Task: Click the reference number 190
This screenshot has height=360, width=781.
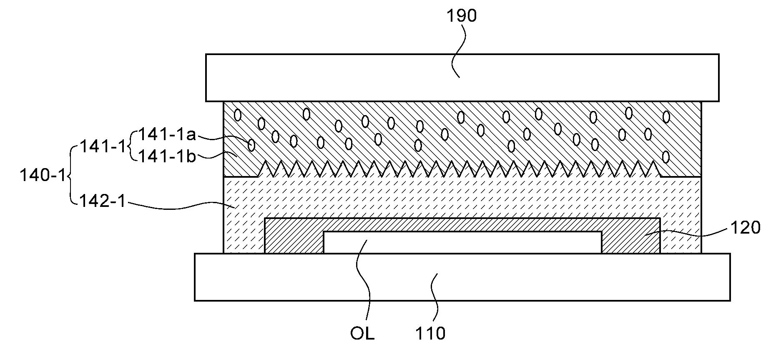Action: [x=461, y=16]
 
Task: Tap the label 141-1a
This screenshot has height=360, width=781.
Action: [x=167, y=134]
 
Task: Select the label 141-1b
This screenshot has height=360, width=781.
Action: [x=167, y=156]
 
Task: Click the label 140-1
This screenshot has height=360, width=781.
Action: [x=43, y=176]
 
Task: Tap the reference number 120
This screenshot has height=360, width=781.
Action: [x=745, y=228]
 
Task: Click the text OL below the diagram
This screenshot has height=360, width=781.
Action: [x=362, y=334]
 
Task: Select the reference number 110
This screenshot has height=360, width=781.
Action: [x=430, y=334]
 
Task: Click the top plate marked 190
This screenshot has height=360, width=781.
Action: [x=462, y=78]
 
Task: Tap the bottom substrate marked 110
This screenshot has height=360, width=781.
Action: [x=462, y=277]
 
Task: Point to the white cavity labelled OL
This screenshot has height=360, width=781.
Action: [x=462, y=242]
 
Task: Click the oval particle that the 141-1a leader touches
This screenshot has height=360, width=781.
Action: [x=251, y=145]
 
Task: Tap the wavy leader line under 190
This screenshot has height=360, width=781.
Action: [x=456, y=50]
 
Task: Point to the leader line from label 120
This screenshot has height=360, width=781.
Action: [x=692, y=232]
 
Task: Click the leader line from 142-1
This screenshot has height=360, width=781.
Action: [x=179, y=206]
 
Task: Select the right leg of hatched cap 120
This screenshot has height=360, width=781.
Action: [x=630, y=242]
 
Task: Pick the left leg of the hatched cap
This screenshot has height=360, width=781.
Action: [x=294, y=242]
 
